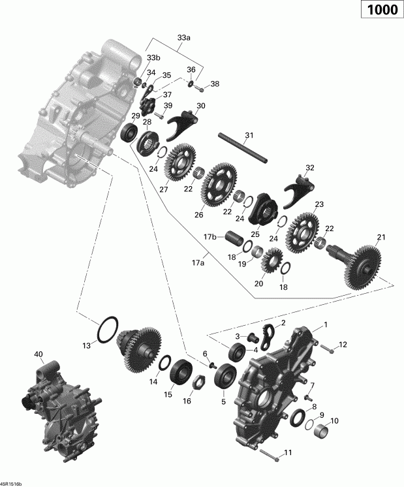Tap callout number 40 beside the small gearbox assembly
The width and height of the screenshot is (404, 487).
(39, 354)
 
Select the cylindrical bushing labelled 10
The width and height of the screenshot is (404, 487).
(322, 432)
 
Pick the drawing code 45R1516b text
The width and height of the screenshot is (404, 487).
(10, 484)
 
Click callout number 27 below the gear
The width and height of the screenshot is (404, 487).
(163, 190)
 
